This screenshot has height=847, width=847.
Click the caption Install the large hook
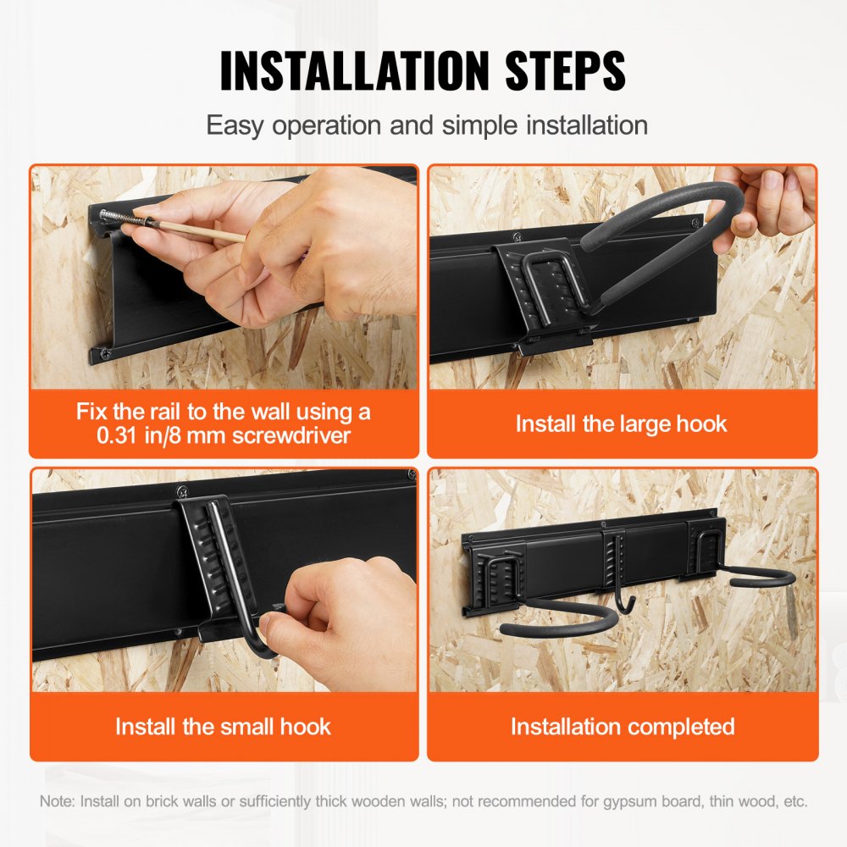[x=622, y=423]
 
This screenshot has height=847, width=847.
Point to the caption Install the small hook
[x=224, y=726]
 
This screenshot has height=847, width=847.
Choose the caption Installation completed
[x=622, y=726]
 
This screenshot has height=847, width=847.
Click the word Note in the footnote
[x=55, y=800]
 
